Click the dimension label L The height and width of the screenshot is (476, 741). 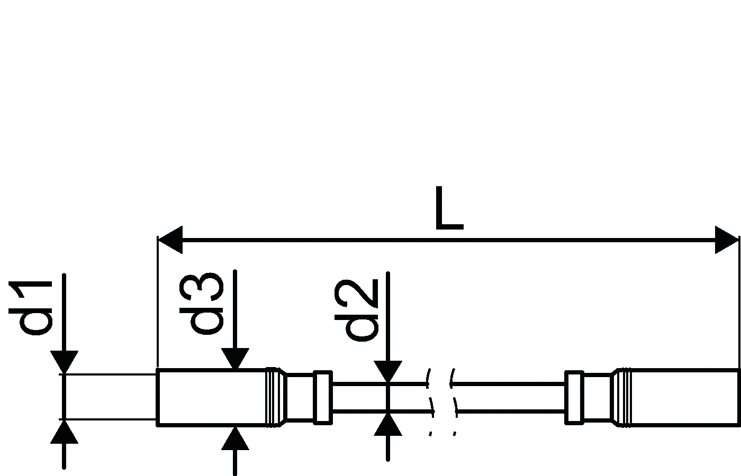point(448,209)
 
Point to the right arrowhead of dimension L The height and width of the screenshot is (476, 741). point(726,240)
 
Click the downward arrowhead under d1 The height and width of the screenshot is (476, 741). point(64,362)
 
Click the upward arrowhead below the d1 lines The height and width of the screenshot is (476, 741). point(64,432)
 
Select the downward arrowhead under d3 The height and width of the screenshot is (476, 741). point(234,359)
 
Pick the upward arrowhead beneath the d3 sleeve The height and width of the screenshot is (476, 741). point(234,438)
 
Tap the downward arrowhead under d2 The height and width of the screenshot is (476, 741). point(388,371)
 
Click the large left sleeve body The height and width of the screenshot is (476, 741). point(212,397)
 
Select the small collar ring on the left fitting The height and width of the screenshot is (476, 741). point(322,397)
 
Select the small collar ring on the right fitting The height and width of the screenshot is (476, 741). point(574,397)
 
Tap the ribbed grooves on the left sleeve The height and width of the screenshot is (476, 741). point(273,397)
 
